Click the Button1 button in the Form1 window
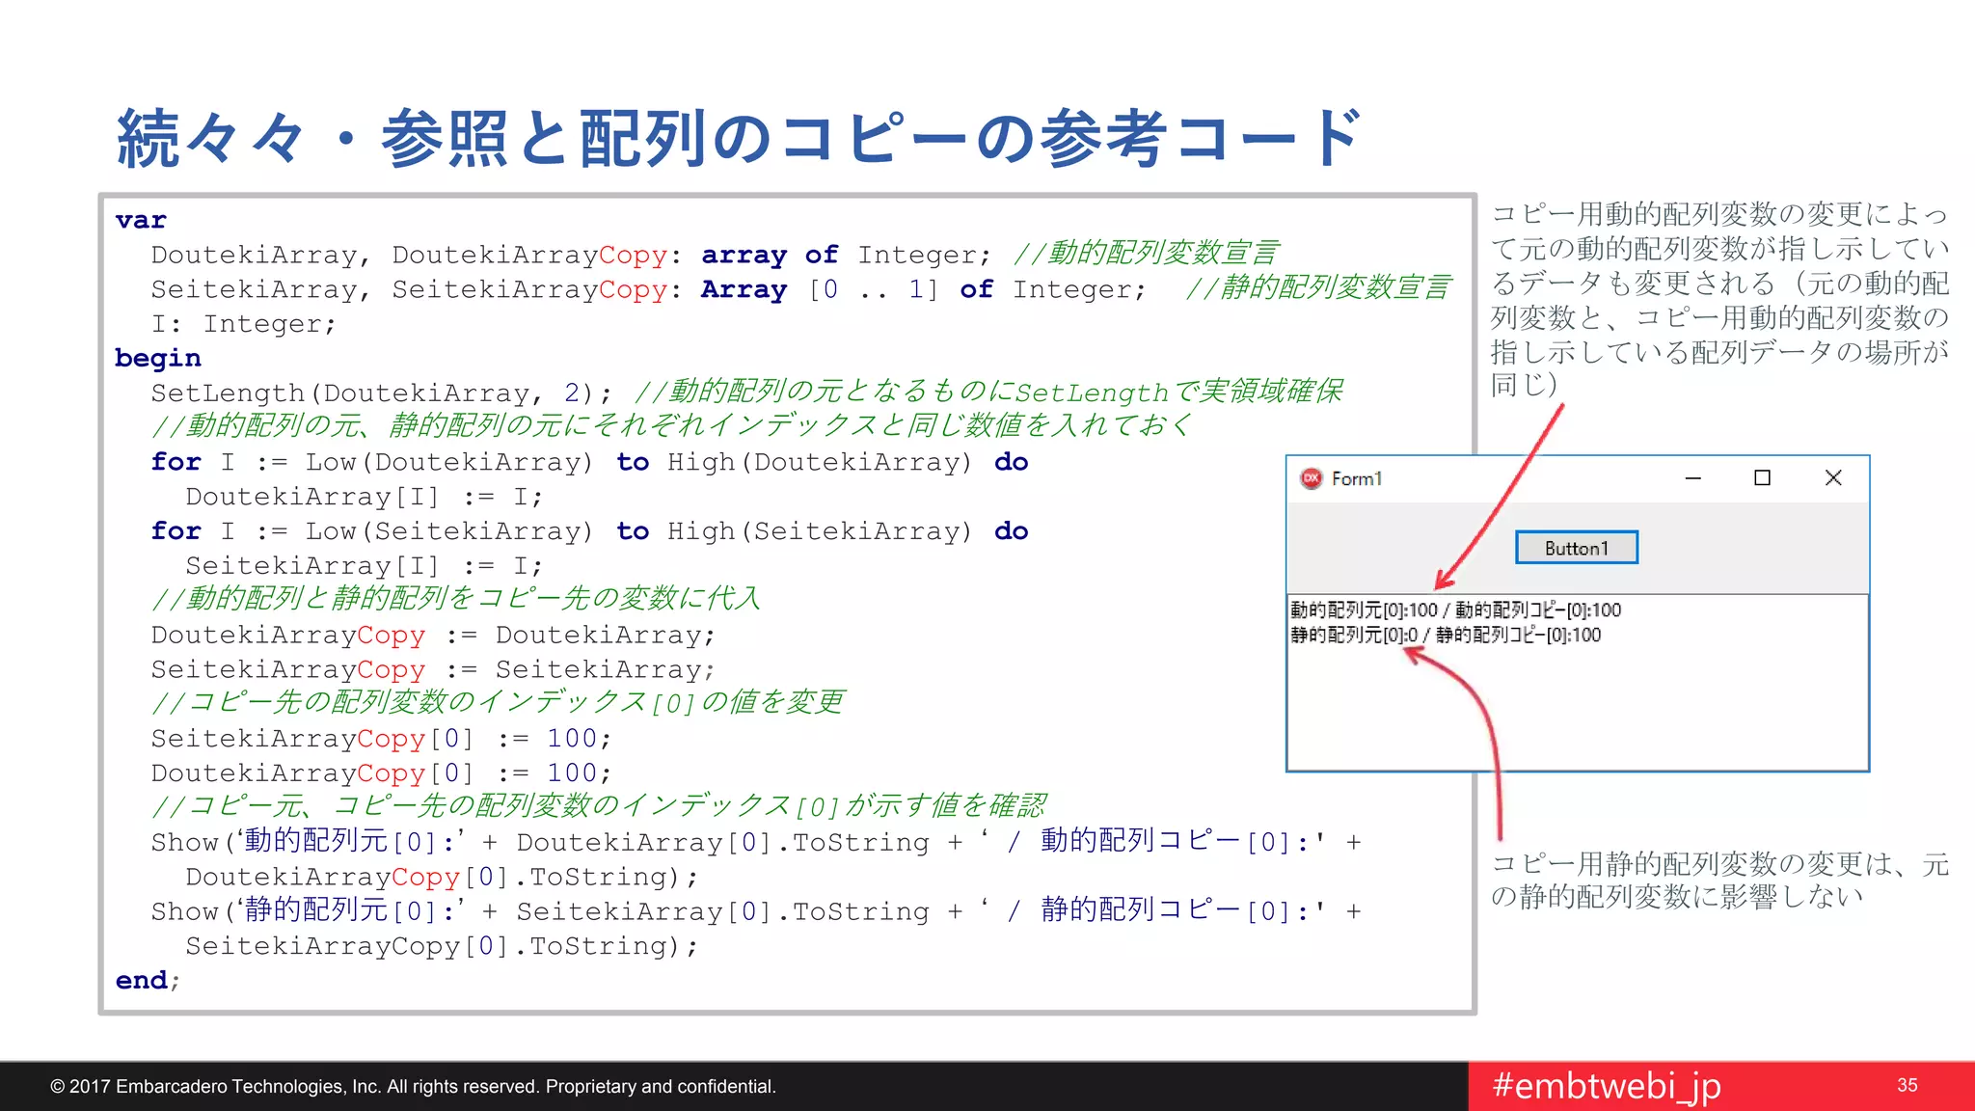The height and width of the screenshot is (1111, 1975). click(1576, 548)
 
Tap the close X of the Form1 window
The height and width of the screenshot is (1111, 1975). click(1833, 478)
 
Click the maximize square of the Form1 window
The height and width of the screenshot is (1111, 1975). click(1762, 478)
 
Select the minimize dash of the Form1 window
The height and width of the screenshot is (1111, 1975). click(1692, 478)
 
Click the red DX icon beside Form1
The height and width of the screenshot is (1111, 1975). click(1312, 478)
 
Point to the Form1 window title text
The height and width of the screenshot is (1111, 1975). click(1357, 479)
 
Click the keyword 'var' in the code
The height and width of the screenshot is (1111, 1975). click(141, 221)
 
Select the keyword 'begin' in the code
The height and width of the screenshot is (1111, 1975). click(158, 359)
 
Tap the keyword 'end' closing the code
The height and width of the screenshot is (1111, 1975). click(142, 981)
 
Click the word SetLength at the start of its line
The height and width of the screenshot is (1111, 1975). click(227, 393)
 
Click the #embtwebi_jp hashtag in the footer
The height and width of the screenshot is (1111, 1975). click(1607, 1086)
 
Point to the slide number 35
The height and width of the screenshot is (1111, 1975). click(1907, 1086)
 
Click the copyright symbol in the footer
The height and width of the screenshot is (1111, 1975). click(58, 1087)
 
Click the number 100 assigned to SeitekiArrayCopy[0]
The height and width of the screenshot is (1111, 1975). click(572, 739)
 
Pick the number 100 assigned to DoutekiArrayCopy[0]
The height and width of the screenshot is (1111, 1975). click(572, 773)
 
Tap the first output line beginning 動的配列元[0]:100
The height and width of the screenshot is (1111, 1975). click(1455, 610)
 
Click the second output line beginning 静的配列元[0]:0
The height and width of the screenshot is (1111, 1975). click(1445, 636)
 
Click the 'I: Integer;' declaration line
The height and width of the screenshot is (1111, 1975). click(243, 324)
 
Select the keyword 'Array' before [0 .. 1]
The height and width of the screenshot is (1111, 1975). click(744, 289)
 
